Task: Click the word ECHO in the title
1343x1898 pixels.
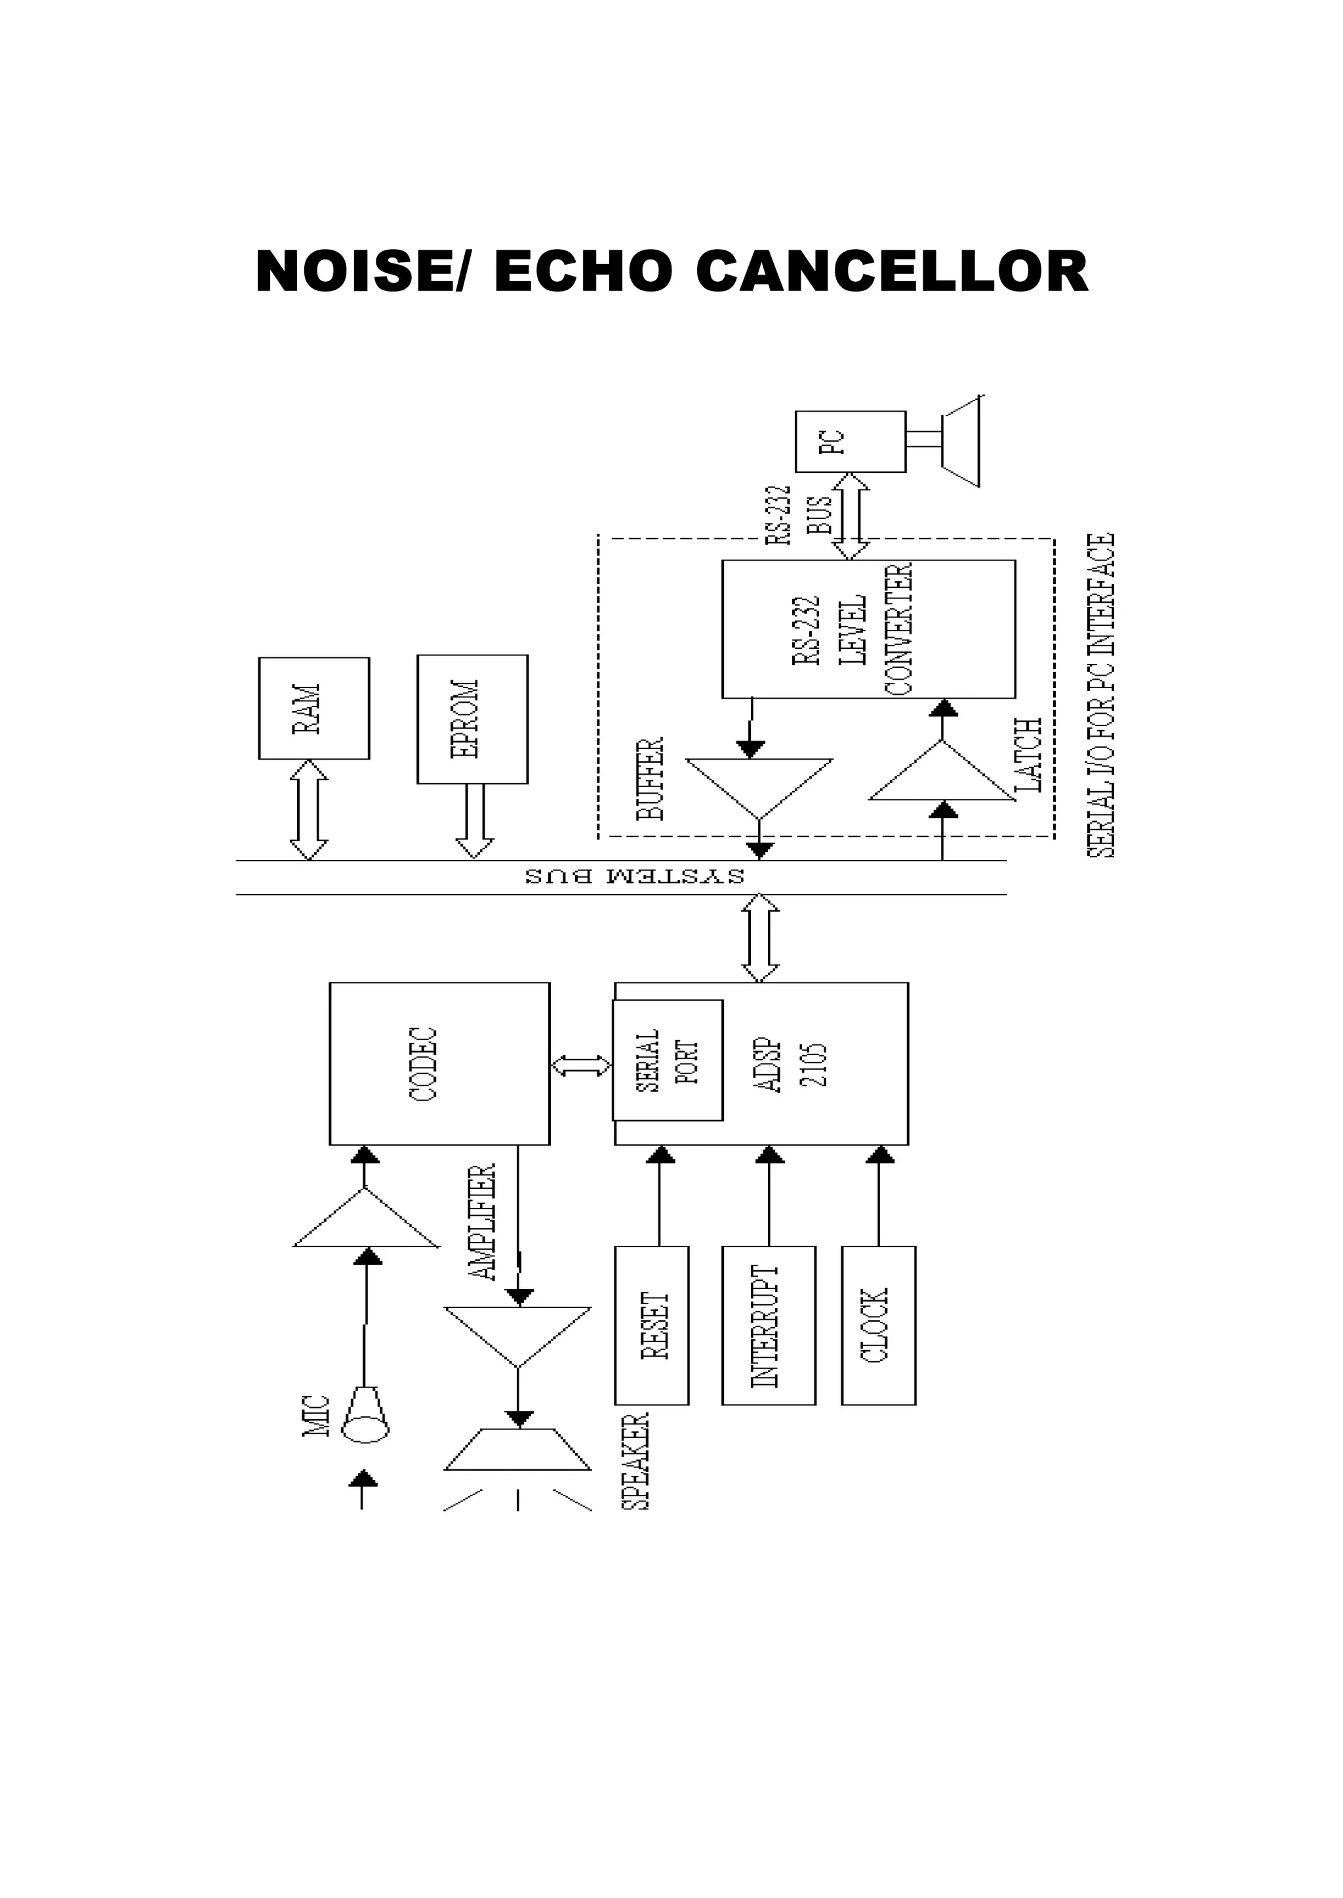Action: (582, 271)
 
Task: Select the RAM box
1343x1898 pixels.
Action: (313, 708)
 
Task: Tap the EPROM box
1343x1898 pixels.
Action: (472, 719)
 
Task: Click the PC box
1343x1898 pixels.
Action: (850, 442)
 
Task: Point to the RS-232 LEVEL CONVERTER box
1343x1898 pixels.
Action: (868, 629)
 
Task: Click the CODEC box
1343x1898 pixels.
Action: (439, 1064)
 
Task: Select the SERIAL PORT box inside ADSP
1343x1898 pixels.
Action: (668, 1060)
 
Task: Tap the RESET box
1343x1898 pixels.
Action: (652, 1326)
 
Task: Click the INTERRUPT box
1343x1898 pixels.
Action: (769, 1326)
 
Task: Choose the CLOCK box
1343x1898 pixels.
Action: (878, 1326)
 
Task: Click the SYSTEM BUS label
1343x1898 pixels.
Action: (634, 876)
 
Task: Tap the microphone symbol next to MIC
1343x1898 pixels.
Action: (365, 1415)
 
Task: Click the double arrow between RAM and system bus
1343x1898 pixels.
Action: (308, 810)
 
